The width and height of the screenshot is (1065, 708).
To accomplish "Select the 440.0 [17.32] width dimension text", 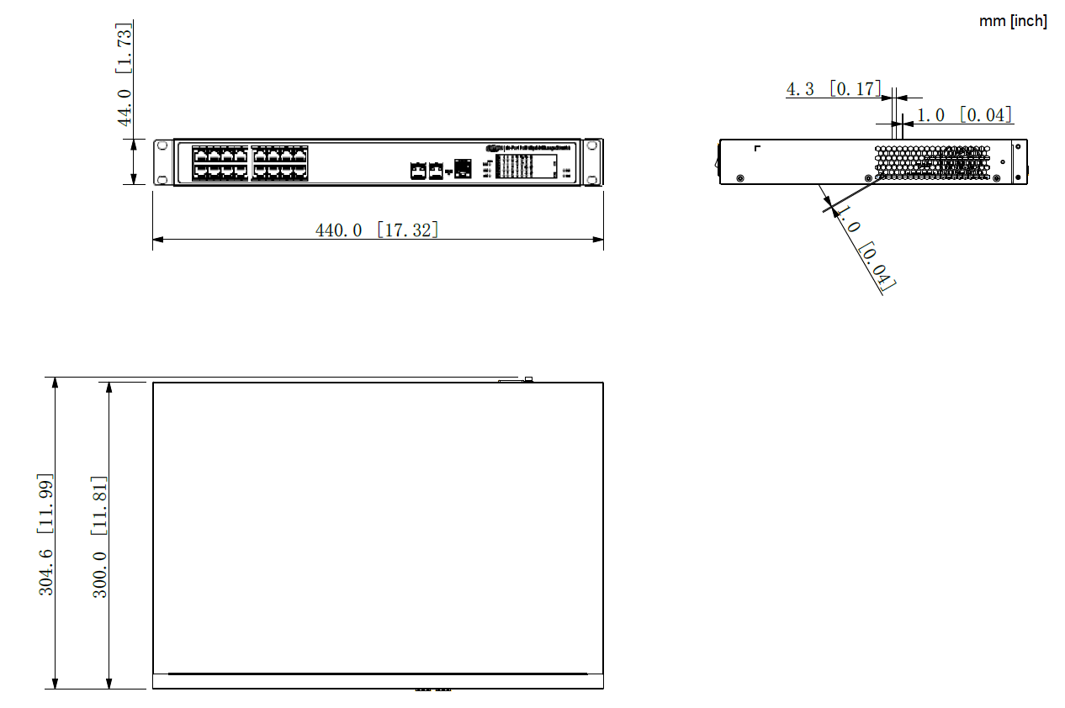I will (x=377, y=230).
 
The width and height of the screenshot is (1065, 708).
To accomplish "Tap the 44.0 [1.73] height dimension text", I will (x=125, y=74).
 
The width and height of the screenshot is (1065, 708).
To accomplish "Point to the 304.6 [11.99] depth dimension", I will (x=46, y=534).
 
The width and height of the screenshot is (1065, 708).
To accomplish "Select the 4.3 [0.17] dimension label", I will (x=833, y=88).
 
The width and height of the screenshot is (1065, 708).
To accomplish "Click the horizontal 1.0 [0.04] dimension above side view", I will (x=963, y=115).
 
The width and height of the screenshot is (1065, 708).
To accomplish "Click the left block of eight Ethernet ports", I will (x=220, y=162).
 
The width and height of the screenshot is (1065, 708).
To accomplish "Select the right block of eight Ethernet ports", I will (x=279, y=162).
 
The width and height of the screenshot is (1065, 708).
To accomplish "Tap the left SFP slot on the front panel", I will (x=418, y=171).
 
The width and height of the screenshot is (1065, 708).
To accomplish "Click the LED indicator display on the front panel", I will (x=526, y=166).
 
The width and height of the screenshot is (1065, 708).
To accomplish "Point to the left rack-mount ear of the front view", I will (x=162, y=162).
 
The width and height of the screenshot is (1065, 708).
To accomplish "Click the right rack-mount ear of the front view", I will (x=594, y=162).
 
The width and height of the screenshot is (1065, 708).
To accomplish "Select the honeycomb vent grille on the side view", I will (x=932, y=162).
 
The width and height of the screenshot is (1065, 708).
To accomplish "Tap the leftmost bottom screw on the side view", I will (x=739, y=177).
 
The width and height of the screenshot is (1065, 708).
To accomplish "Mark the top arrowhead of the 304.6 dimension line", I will (x=55, y=383).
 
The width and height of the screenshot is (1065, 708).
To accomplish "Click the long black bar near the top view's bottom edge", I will (x=377, y=674).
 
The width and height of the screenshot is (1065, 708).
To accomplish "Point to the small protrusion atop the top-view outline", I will (x=528, y=379).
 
